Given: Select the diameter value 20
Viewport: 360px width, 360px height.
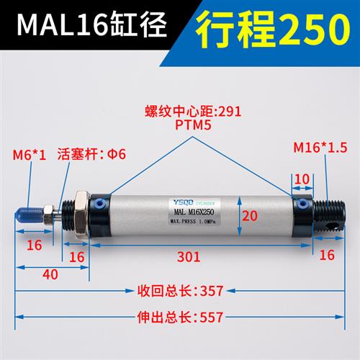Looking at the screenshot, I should click(248, 215).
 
